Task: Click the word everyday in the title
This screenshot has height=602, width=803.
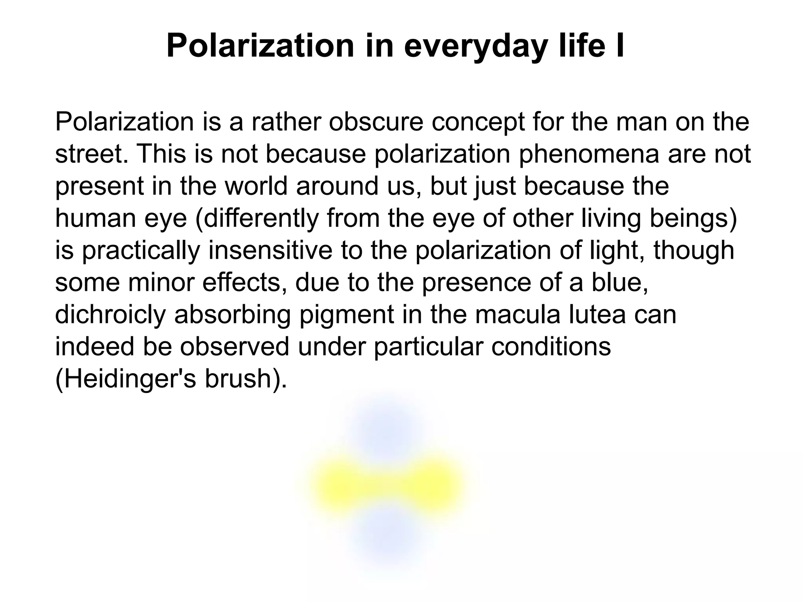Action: coord(475,46)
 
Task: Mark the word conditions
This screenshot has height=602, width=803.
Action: coord(550,347)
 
